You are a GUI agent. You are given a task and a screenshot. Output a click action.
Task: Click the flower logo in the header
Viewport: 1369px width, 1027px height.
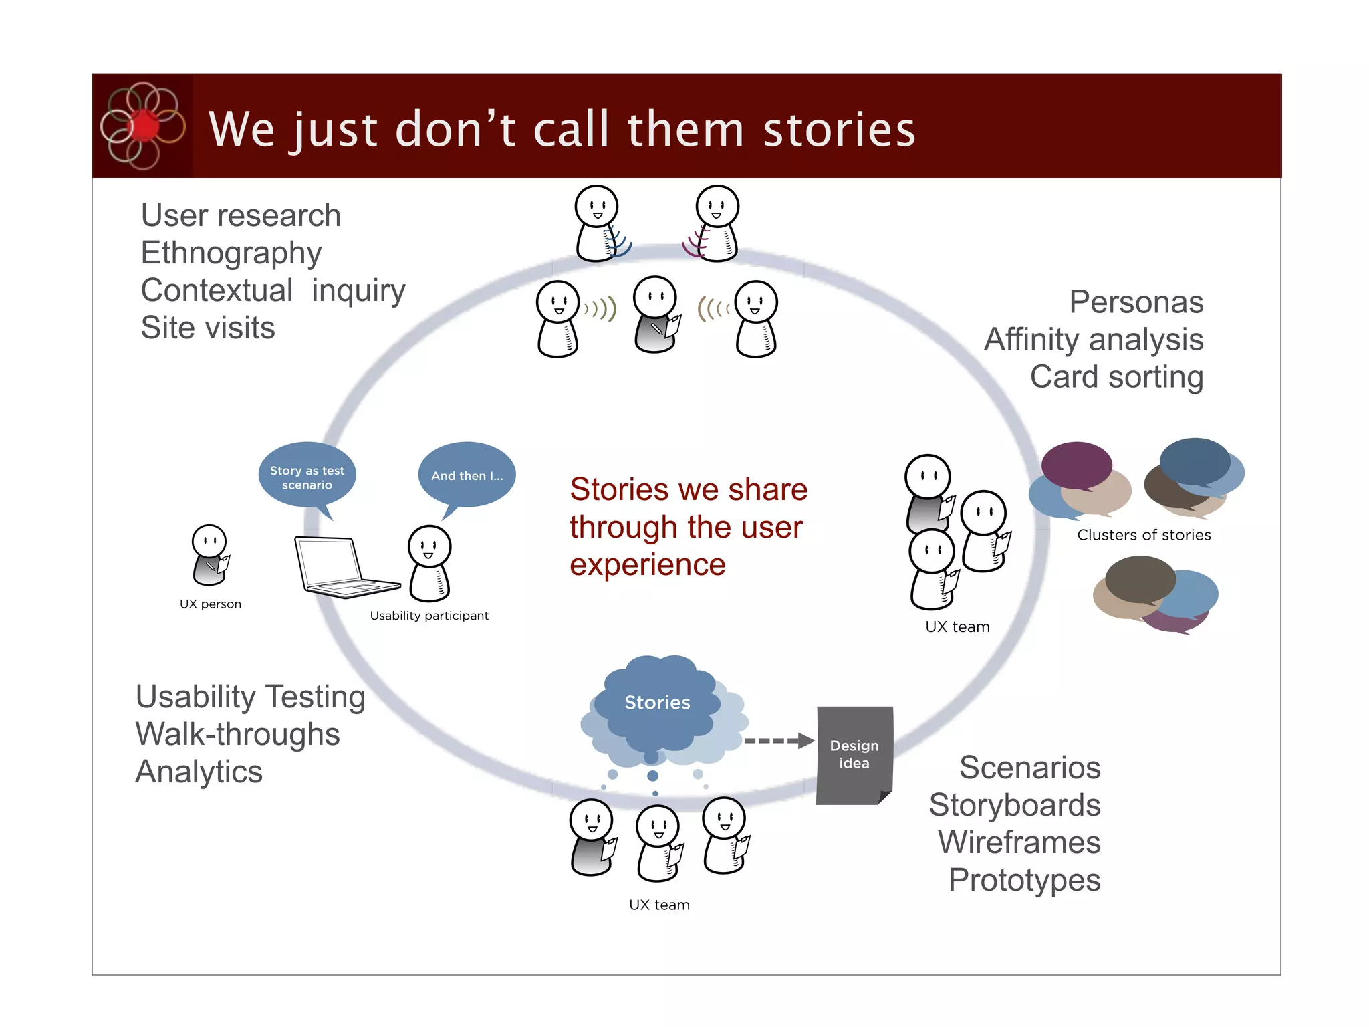(142, 126)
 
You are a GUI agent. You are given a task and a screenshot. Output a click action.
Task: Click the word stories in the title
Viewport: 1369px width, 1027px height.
(839, 130)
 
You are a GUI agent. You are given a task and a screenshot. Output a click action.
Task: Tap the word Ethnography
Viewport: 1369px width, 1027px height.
(231, 253)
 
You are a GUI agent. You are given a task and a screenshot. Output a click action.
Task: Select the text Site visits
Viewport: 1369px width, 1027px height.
(208, 328)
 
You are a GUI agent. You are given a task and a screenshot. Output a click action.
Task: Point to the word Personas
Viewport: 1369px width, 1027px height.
(1136, 302)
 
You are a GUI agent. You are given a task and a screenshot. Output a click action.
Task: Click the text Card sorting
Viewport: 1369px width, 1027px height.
(1116, 377)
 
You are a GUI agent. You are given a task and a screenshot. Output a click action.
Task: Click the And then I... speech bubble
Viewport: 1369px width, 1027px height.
(467, 475)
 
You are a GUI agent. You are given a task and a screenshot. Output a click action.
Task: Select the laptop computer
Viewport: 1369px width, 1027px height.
(341, 567)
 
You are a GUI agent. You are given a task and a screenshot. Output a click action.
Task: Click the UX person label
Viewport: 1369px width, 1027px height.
(211, 604)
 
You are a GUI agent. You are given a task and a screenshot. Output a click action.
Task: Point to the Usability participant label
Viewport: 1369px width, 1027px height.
(429, 616)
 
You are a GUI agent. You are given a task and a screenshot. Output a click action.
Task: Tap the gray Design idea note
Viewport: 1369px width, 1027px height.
(854, 754)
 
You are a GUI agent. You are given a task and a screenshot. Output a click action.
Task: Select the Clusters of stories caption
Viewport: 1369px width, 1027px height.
(1144, 535)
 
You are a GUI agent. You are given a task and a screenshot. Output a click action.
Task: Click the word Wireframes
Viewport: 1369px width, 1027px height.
(1019, 842)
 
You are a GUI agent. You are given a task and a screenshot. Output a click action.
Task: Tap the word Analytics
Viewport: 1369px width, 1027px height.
(199, 772)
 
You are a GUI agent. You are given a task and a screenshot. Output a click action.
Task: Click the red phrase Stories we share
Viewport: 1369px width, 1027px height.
(689, 489)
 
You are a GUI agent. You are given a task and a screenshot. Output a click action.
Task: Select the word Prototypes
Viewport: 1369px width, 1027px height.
(1024, 880)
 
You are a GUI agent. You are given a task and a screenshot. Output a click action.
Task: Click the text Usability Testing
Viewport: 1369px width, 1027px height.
(251, 697)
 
